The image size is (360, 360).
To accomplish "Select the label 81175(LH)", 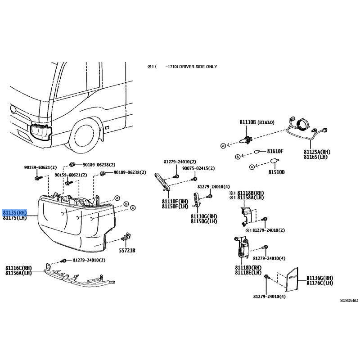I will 15,218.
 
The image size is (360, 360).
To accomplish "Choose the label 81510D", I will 277,172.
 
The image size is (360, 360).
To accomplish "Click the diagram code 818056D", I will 349,301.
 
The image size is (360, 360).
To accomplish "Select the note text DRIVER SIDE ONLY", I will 198,67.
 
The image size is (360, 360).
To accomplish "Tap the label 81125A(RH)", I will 317,152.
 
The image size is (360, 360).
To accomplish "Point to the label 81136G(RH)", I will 319,278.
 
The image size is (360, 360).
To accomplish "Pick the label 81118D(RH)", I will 248,267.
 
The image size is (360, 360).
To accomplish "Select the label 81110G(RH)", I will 203,216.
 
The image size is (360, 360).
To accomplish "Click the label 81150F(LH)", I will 175,207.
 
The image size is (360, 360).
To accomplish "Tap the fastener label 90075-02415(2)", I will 198,168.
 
